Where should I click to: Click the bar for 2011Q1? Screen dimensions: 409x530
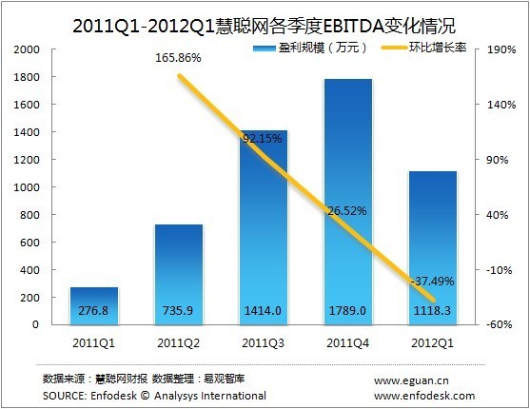click(x=94, y=304)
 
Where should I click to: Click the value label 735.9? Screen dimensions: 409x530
click(x=179, y=311)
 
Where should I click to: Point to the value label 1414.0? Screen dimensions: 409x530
click(x=264, y=311)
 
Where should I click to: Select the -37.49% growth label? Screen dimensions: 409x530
click(x=433, y=282)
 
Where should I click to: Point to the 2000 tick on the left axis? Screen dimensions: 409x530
click(x=27, y=49)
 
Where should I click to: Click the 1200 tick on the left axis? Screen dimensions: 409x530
click(x=27, y=159)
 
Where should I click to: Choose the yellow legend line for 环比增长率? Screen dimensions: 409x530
click(x=399, y=47)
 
